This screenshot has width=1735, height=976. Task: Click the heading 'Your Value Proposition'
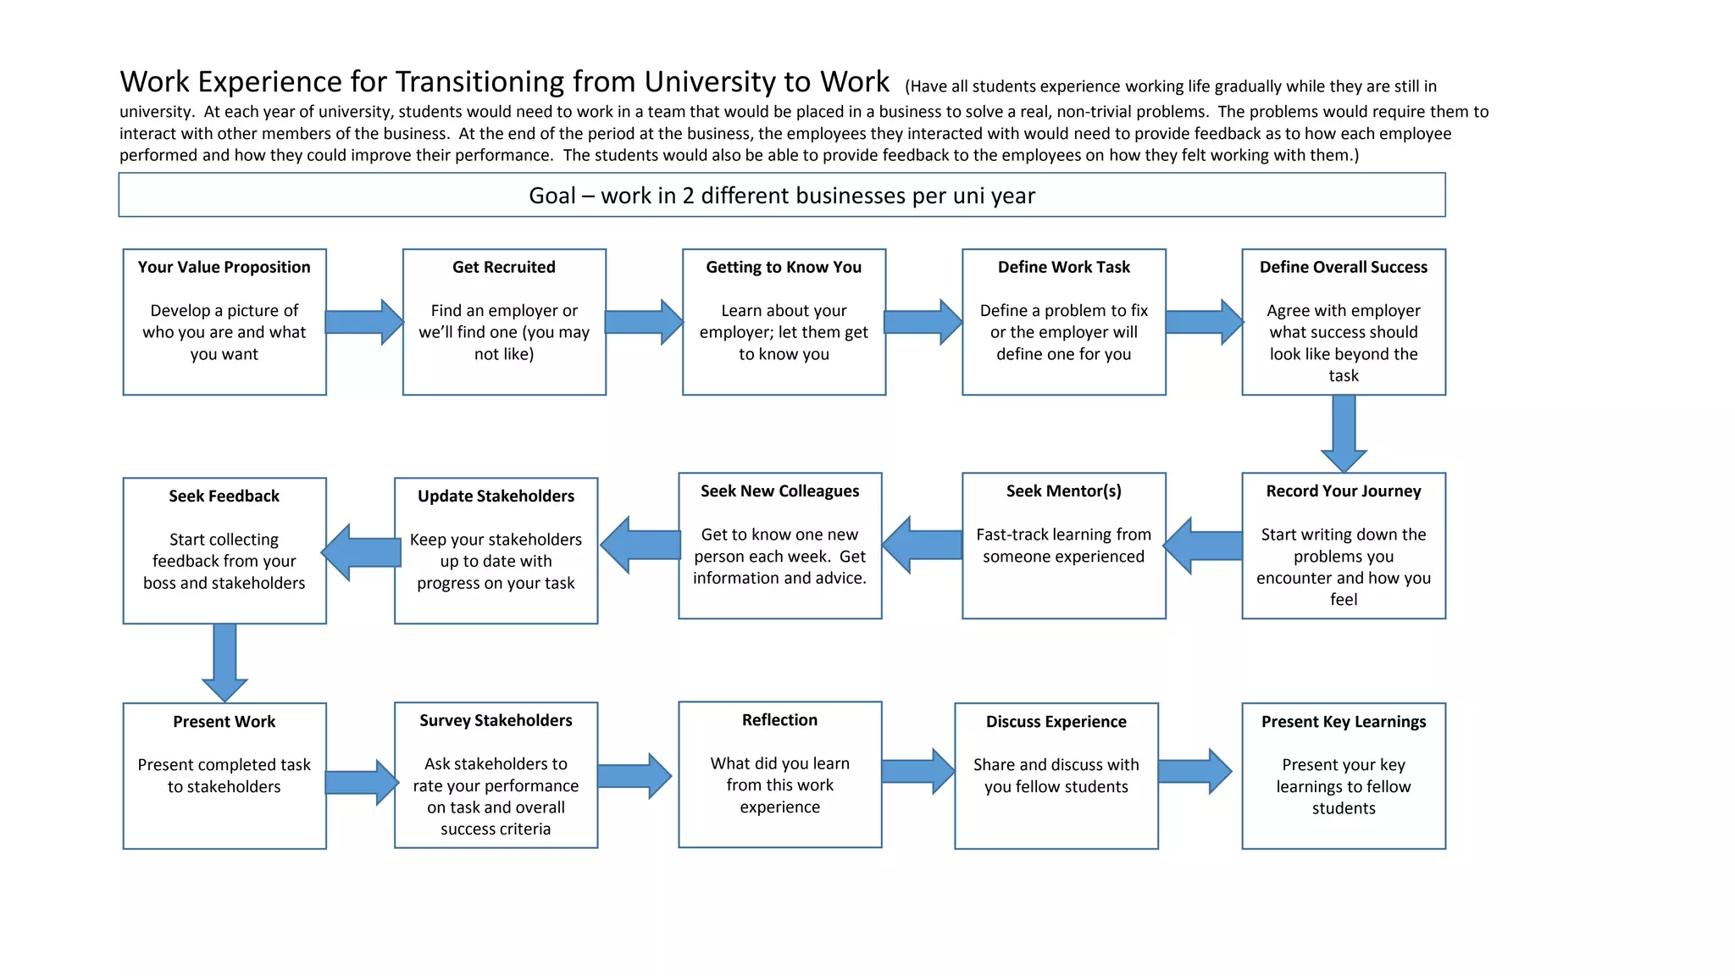pyautogui.click(x=224, y=267)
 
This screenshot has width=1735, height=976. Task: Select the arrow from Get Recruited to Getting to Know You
pyautogui.click(x=644, y=322)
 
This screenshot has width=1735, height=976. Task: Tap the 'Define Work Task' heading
pyautogui.click(x=1063, y=267)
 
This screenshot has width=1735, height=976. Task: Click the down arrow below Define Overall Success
pyautogui.click(x=1344, y=432)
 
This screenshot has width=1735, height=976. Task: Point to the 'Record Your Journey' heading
pyautogui.click(x=1344, y=491)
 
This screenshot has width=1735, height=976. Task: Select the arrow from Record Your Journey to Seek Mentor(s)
pyautogui.click(x=1203, y=546)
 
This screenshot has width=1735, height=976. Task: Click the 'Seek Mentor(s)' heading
pyautogui.click(x=1063, y=491)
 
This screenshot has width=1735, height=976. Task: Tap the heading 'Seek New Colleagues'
pyautogui.click(x=779, y=491)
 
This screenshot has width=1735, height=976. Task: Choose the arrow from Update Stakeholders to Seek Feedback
pyautogui.click(x=362, y=552)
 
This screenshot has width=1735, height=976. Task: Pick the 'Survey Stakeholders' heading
pyautogui.click(x=496, y=720)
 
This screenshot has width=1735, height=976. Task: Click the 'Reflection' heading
pyautogui.click(x=779, y=720)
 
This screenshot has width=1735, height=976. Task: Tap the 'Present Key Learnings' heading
pyautogui.click(x=1344, y=722)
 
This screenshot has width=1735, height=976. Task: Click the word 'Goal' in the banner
pyautogui.click(x=552, y=196)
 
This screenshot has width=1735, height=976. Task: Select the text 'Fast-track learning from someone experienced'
pyautogui.click(x=1063, y=546)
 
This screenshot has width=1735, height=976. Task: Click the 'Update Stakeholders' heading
pyautogui.click(x=496, y=496)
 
